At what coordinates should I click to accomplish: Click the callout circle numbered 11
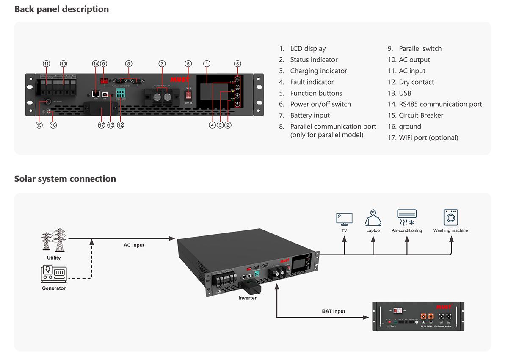pos(47,64)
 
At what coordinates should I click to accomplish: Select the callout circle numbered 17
pos(101,125)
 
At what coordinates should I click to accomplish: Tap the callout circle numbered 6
pos(188,64)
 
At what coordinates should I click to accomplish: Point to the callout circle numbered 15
pos(39,125)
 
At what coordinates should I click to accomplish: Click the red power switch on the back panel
pos(188,94)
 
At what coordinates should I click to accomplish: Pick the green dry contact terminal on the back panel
pos(121,94)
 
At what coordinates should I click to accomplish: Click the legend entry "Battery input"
pos(309,115)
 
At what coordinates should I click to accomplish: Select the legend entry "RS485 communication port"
pos(440,104)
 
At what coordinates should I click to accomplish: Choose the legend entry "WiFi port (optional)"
pos(428,138)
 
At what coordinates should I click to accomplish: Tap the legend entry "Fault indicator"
pos(312,82)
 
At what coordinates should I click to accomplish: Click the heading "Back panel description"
pos(61,9)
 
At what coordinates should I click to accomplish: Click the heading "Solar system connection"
pos(65,179)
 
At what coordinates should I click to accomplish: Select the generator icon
pos(54,274)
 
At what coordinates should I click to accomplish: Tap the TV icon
pos(344,219)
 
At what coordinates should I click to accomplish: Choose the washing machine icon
pos(450,218)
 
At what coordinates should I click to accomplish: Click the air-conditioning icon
pos(407,218)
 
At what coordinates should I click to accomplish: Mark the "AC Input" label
pos(134,245)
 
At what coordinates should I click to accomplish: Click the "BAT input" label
pos(334,311)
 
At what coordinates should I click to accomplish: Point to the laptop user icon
pos(373,218)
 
